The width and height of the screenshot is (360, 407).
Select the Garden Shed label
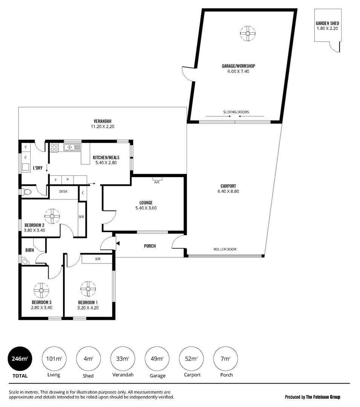[327, 23]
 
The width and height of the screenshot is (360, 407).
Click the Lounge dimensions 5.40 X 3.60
[146, 208]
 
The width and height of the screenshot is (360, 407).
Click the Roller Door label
[225, 249]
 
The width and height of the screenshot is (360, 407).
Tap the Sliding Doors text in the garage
[236, 112]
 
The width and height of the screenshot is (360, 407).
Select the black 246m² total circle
[20, 359]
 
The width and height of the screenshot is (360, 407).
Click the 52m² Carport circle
[191, 359]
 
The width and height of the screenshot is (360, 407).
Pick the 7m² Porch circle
[226, 359]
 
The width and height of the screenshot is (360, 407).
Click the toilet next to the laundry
[26, 192]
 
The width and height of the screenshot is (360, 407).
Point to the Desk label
[63, 191]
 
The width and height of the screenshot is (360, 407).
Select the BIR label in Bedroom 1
[98, 259]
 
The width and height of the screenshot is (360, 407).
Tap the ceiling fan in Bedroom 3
[41, 290]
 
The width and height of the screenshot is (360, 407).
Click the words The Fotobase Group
[323, 397]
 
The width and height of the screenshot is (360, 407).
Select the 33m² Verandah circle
[123, 359]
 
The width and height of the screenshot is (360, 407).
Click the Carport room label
[228, 186]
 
